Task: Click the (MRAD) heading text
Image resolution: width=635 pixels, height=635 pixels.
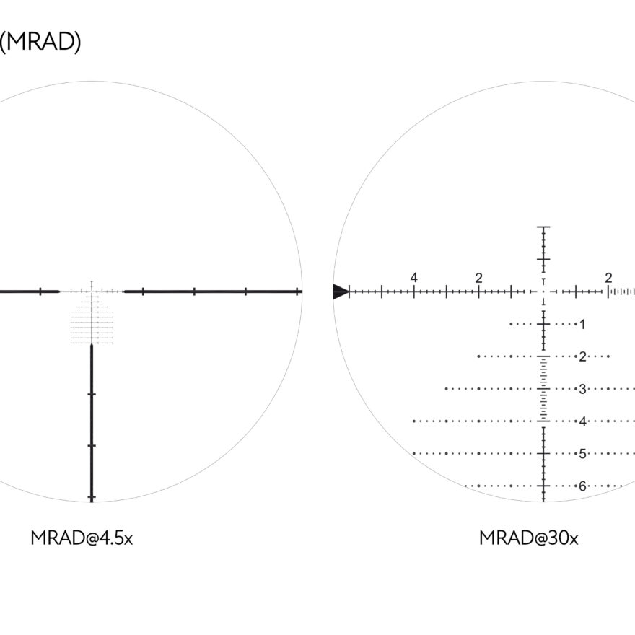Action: coord(40,42)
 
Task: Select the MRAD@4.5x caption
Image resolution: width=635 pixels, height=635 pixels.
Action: coord(82,538)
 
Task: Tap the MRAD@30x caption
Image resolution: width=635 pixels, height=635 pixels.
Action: coord(528,538)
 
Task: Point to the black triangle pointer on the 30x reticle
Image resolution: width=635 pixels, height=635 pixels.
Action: coord(340,292)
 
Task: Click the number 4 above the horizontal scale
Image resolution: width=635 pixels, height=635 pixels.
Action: coord(413,278)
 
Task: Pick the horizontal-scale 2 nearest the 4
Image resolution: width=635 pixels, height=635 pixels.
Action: coord(478,279)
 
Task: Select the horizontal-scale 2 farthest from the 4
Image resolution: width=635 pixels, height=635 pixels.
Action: coord(608,278)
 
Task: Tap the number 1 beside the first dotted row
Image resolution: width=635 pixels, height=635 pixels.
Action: coord(582,325)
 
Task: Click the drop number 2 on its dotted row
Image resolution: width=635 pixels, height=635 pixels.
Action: coord(583,356)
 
